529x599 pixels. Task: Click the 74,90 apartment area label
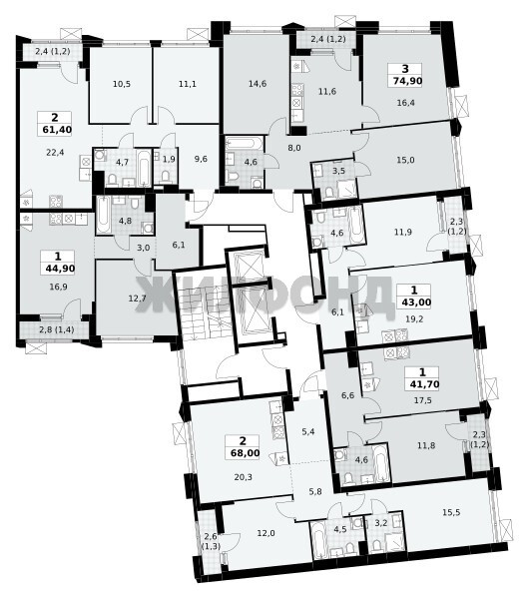pyautogui.click(x=405, y=81)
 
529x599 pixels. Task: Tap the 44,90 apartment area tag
pyautogui.click(x=60, y=269)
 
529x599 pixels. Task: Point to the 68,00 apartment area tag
pyautogui.click(x=245, y=453)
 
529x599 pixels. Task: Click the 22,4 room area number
pyautogui.click(x=55, y=153)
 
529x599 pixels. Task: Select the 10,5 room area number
pyautogui.click(x=122, y=84)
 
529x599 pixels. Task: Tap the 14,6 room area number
pyautogui.click(x=258, y=84)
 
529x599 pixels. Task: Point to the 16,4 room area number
pyautogui.click(x=405, y=103)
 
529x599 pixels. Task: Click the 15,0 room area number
pyautogui.click(x=405, y=160)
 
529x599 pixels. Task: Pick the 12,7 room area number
pyautogui.click(x=137, y=299)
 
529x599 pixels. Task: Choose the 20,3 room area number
pyautogui.click(x=244, y=477)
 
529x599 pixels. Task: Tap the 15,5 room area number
pyautogui.click(x=451, y=512)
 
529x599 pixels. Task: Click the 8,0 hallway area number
pyautogui.click(x=294, y=148)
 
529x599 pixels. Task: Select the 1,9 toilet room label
pyautogui.click(x=169, y=159)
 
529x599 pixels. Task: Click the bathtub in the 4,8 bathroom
pyautogui.click(x=103, y=215)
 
